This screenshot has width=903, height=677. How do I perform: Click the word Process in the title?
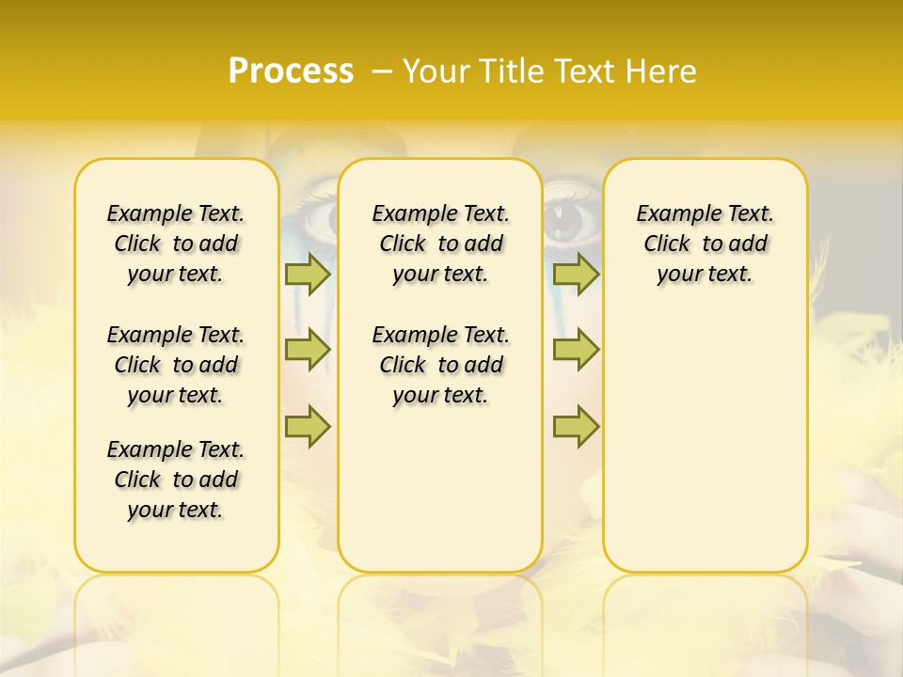pos(291,71)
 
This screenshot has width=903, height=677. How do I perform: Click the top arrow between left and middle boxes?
pos(308,274)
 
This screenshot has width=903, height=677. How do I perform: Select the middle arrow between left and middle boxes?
pos(308,350)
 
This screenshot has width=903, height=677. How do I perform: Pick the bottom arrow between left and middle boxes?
pos(308,427)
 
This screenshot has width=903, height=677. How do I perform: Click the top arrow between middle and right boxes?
pos(576,274)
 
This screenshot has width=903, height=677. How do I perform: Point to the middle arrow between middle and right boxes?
pos(576,350)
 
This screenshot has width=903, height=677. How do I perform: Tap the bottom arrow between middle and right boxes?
pos(576,427)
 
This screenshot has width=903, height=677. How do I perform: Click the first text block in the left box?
pos(176,244)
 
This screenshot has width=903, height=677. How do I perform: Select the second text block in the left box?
pos(176,365)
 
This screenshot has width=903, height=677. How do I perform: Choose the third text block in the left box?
pos(176,480)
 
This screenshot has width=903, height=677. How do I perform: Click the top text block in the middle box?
pos(441,244)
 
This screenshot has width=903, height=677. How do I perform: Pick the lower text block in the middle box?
pos(441,365)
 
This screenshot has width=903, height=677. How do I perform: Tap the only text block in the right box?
pos(705,244)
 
